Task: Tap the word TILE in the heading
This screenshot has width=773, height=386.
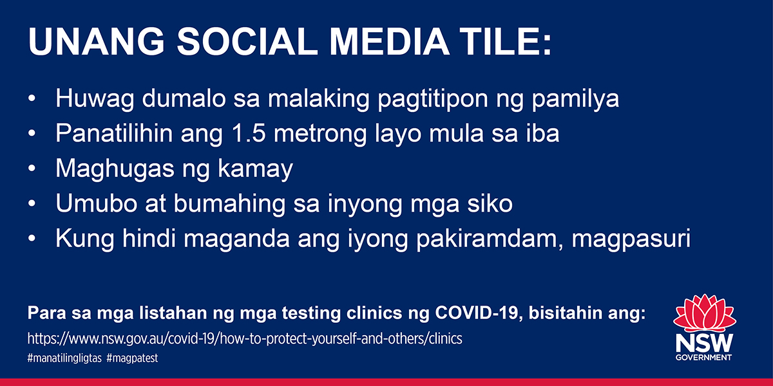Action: [x=500, y=41]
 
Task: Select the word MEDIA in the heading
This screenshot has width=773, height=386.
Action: [x=390, y=41]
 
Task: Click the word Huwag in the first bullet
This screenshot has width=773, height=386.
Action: [x=95, y=99]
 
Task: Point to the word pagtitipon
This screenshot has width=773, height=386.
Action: [x=433, y=100]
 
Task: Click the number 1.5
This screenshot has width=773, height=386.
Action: [x=249, y=133]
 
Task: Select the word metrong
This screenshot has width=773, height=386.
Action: [x=320, y=135]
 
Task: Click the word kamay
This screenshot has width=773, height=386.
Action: [x=255, y=170]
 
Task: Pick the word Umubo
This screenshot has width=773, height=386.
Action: [x=97, y=203]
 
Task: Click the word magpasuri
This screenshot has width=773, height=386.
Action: [x=631, y=239]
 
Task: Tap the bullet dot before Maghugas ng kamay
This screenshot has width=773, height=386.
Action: [x=32, y=169]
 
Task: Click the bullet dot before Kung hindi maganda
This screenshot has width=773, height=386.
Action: [x=32, y=239]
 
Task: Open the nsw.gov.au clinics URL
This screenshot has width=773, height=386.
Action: [x=245, y=339]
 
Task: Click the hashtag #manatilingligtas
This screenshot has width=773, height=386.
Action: [x=64, y=358]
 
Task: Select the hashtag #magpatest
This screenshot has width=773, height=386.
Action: [x=132, y=358]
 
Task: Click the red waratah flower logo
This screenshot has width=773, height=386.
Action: [x=704, y=314]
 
